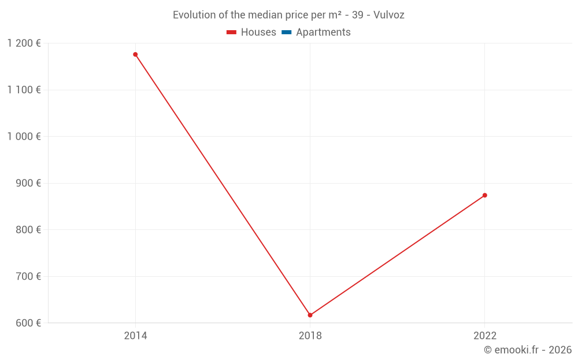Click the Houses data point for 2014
(x=135, y=54)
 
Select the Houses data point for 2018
(x=310, y=315)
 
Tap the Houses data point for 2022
(x=485, y=195)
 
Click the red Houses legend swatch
(x=231, y=32)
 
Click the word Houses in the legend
(x=258, y=32)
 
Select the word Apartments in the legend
(x=323, y=32)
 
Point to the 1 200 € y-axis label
(x=24, y=43)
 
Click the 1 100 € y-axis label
(x=24, y=90)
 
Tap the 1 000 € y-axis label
(x=24, y=137)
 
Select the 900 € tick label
(x=28, y=183)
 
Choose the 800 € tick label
(x=28, y=230)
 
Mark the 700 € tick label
(x=28, y=276)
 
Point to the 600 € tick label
(x=28, y=323)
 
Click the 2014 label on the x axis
(x=135, y=336)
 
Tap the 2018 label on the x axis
(x=310, y=336)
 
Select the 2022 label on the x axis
(x=485, y=336)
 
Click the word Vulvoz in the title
(x=389, y=15)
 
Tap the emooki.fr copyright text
(x=528, y=350)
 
